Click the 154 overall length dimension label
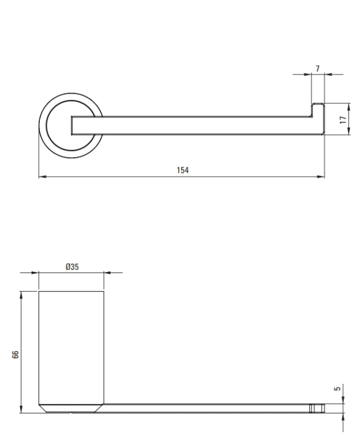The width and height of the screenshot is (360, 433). (x=183, y=170)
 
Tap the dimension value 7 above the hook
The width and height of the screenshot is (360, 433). (x=318, y=69)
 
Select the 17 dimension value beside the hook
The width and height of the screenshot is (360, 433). (x=343, y=120)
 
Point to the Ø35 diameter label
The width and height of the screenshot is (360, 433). (x=72, y=267)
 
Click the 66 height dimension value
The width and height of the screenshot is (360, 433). (x=16, y=354)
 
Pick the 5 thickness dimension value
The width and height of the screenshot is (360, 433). (x=337, y=389)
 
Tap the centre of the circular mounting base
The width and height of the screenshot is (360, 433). (x=71, y=126)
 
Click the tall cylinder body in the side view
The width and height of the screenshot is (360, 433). (x=71, y=348)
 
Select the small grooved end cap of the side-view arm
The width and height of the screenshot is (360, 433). (x=317, y=408)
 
